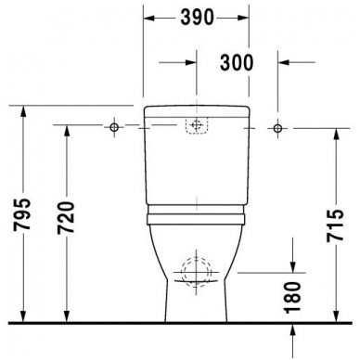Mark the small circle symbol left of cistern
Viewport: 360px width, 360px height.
click(x=114, y=124)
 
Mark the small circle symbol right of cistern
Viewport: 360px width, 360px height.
click(x=276, y=124)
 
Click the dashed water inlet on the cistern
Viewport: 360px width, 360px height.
click(x=195, y=125)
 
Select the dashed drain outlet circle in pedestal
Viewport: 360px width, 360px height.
click(x=195, y=272)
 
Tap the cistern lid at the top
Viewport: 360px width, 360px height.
click(x=195, y=110)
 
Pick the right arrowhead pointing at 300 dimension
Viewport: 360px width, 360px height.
click(x=280, y=62)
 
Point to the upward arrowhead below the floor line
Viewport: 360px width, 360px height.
click(x=292, y=329)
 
